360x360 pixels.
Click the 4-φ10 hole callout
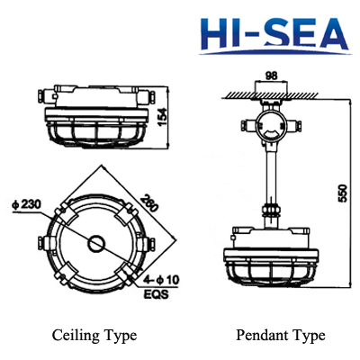(x=163, y=282)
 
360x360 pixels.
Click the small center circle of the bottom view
(x=94, y=243)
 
